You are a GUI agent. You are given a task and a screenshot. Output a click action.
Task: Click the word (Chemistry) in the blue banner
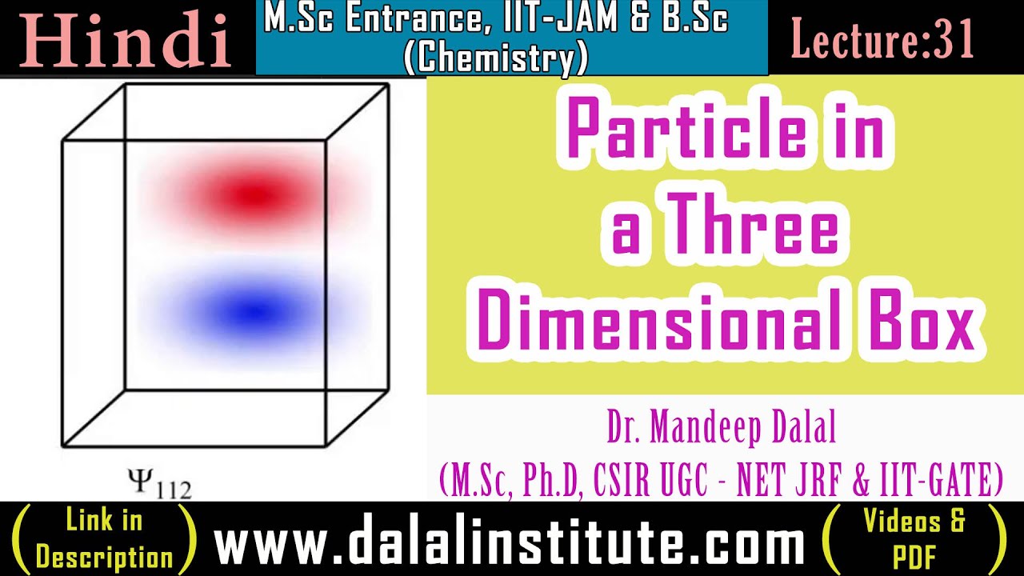[x=496, y=57]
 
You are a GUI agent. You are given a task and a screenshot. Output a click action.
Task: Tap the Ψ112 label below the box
[x=159, y=483]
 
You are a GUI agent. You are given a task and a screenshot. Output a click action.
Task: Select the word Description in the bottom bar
[x=104, y=557]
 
